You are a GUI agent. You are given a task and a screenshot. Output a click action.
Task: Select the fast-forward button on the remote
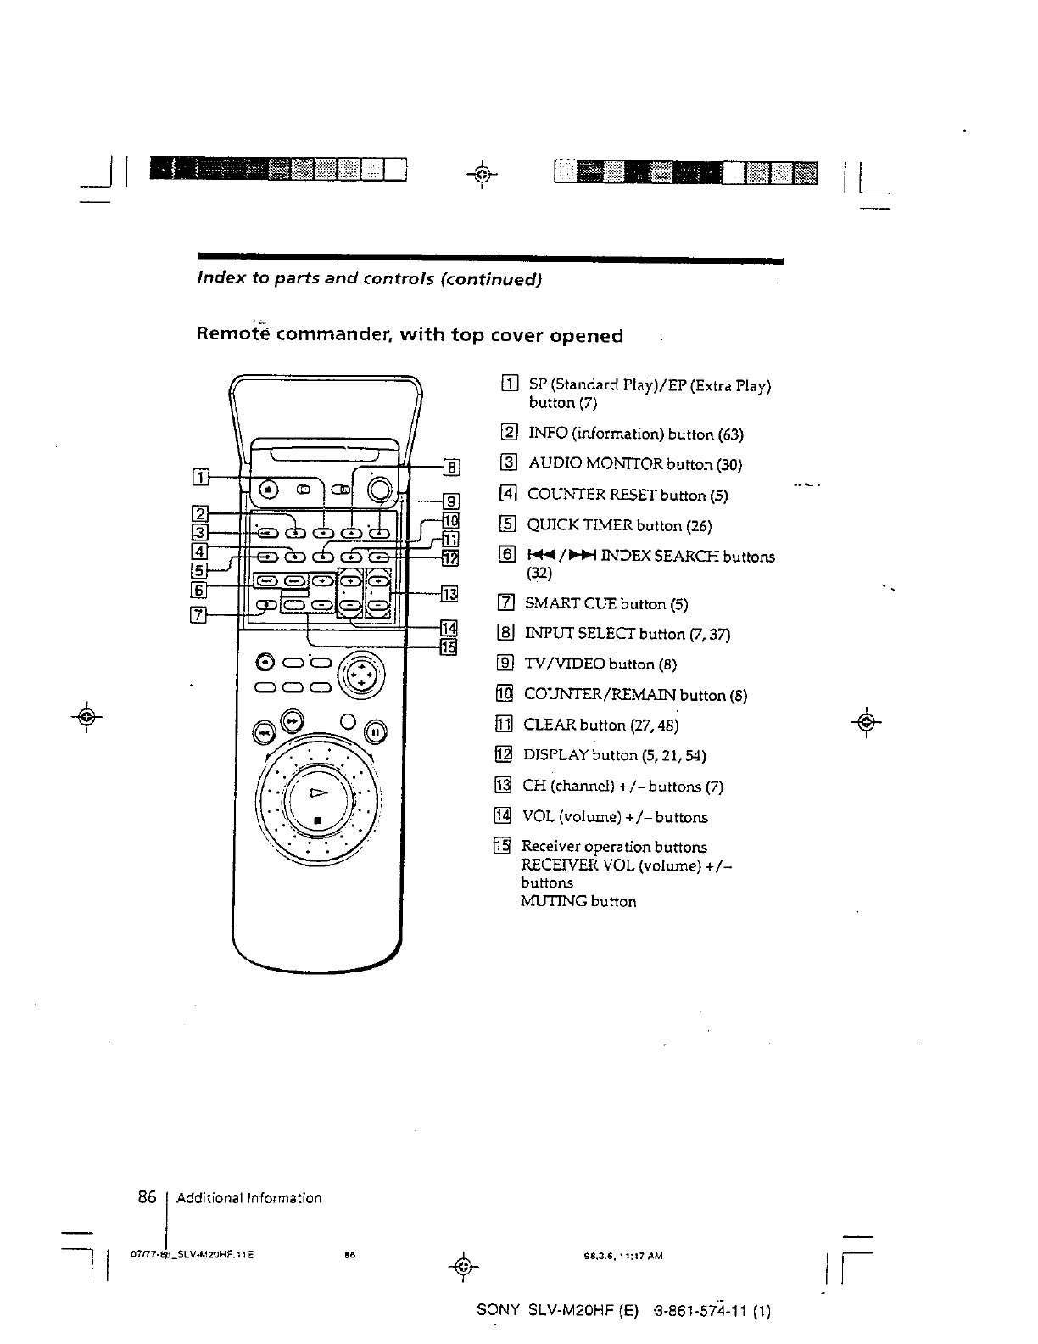point(292,720)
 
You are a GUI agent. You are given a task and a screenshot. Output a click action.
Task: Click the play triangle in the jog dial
point(318,793)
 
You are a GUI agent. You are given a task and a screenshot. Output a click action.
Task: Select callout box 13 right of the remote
point(449,593)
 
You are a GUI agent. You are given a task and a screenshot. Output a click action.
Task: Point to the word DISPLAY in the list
point(555,755)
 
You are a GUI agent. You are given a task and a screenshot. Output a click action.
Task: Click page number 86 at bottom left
point(148,1197)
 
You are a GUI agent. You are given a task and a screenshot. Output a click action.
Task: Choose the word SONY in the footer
point(498,1310)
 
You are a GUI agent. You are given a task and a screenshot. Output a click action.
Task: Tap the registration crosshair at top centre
point(481,176)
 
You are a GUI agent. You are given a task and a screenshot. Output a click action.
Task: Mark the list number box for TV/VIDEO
point(507,664)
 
